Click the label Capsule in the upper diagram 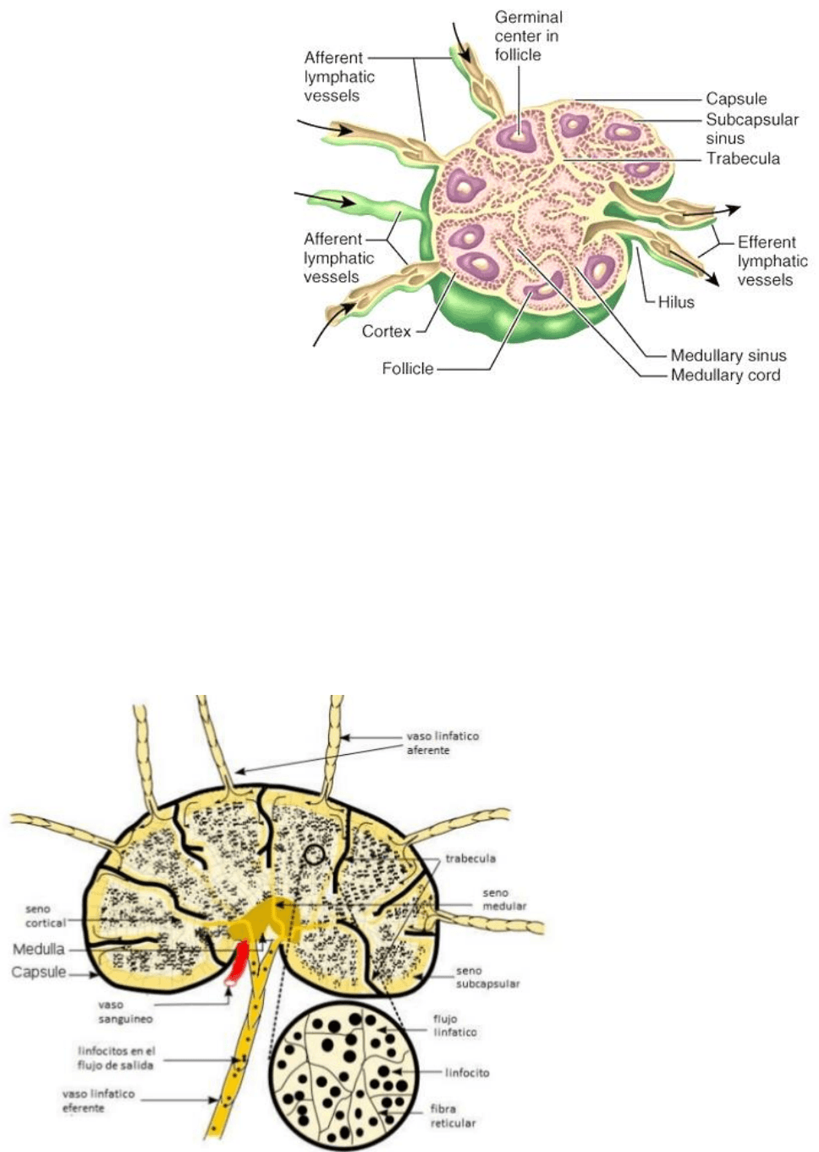[x=736, y=98]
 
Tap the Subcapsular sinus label [x=751, y=129]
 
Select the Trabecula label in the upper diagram [x=742, y=158]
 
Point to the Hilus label [x=676, y=302]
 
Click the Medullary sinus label [x=728, y=356]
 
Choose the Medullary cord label [x=725, y=375]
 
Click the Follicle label [x=407, y=368]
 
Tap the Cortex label [x=386, y=331]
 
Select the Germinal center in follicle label [x=528, y=36]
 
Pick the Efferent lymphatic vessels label [x=772, y=261]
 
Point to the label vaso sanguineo [x=125, y=1011]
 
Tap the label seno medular [x=504, y=900]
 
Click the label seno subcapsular [x=487, y=978]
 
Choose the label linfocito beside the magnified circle [x=467, y=1072]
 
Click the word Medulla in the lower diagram [x=39, y=949]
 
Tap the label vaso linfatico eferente [x=98, y=1100]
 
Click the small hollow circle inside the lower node [x=315, y=855]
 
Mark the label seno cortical [x=45, y=916]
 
